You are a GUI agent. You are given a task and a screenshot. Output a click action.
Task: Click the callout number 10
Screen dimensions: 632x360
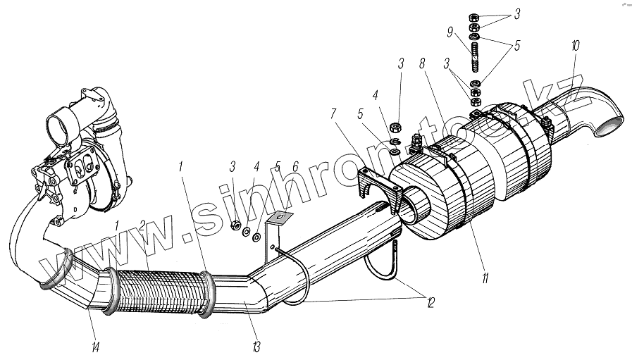pos(575,46)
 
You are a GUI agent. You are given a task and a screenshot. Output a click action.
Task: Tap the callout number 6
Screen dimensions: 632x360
pos(295,166)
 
